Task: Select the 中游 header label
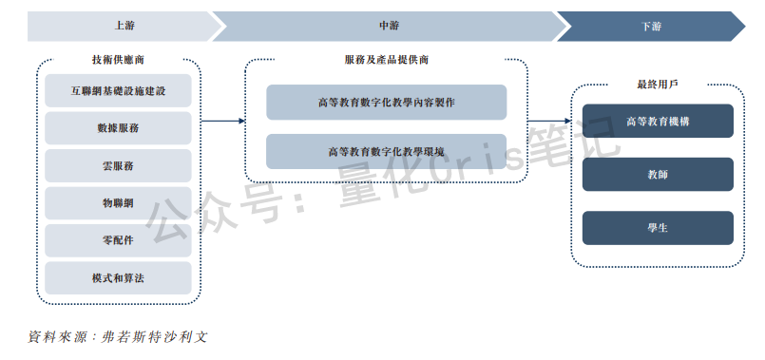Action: click(x=387, y=27)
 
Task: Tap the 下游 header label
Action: click(x=653, y=27)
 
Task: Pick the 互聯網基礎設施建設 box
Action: click(x=118, y=92)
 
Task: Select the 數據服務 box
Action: click(x=118, y=127)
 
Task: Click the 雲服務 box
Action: click(x=118, y=165)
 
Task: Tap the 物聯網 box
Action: click(x=118, y=202)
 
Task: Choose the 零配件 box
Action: click(x=118, y=239)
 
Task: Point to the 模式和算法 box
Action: click(x=118, y=277)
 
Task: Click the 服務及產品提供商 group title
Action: click(x=386, y=60)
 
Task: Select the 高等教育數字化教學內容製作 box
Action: click(x=386, y=103)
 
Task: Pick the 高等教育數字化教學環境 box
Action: click(x=386, y=151)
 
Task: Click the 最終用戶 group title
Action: click(x=657, y=85)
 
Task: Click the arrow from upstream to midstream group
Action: click(x=223, y=122)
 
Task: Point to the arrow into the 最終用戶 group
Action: click(x=550, y=122)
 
